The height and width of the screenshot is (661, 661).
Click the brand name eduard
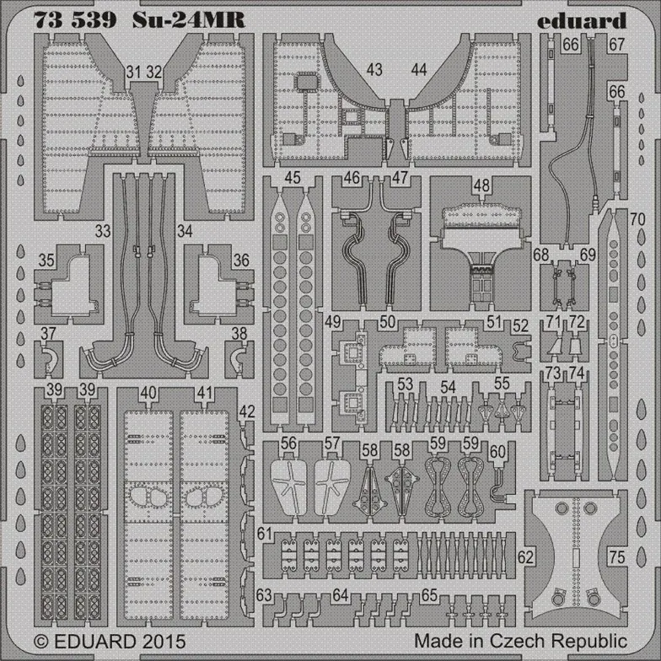coord(582,20)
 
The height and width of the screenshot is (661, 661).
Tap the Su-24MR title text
coord(189,20)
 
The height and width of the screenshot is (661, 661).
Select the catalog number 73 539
coord(75,20)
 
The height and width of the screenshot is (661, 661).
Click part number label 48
coord(481,185)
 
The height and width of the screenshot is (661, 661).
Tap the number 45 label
coord(292,177)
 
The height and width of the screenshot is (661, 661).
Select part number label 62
coord(525,557)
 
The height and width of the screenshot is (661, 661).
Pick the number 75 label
coord(616,557)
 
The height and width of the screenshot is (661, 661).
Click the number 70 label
coord(637,219)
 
